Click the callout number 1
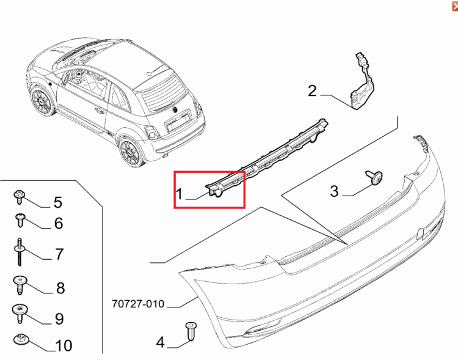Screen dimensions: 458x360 [180, 194]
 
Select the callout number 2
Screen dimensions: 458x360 [312, 90]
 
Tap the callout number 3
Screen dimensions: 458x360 [335, 191]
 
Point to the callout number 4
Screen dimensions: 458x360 [161, 342]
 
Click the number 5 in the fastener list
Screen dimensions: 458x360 [58, 202]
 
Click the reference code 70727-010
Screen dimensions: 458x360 [139, 304]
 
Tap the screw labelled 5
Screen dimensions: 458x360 [19, 197]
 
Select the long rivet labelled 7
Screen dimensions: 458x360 [20, 252]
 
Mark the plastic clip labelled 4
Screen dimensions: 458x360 [191, 331]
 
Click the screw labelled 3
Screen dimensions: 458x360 [375, 177]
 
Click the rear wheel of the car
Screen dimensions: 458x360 [131, 153]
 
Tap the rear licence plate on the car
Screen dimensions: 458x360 [177, 122]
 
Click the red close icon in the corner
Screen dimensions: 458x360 [455, 6]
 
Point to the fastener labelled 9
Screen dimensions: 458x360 [20, 312]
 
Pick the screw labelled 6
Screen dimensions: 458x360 [20, 220]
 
